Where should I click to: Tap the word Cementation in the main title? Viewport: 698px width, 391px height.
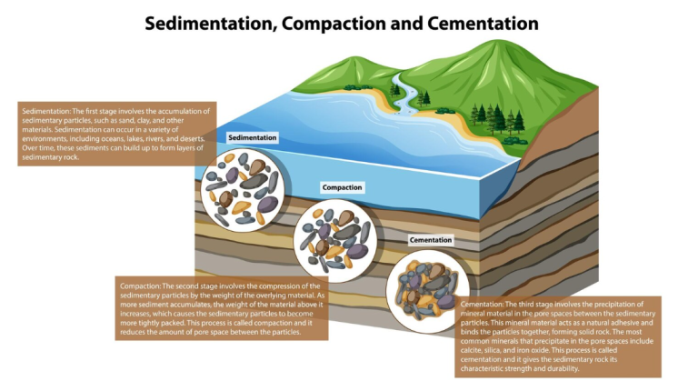tap(483, 24)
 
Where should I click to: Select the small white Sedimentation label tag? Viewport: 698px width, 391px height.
tap(253, 137)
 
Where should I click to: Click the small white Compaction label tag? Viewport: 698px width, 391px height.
tap(342, 187)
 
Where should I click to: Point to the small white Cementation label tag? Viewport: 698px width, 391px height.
tap(431, 240)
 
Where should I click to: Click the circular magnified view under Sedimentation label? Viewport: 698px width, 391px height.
tap(243, 190)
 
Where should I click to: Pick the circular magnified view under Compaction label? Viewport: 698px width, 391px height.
tap(335, 240)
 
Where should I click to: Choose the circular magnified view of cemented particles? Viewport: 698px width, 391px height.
tap(428, 292)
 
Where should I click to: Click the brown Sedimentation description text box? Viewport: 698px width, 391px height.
tap(117, 134)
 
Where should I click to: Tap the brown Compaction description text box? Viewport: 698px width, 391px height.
tap(222, 308)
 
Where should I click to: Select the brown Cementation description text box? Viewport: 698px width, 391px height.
tap(558, 336)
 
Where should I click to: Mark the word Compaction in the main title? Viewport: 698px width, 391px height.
tap(334, 24)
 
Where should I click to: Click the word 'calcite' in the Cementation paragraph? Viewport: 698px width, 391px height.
tap(472, 350)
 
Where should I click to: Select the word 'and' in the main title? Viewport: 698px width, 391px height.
tap(407, 24)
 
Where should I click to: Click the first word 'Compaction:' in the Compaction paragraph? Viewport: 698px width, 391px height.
tap(140, 286)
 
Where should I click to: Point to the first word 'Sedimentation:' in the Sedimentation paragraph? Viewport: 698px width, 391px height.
tap(46, 111)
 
